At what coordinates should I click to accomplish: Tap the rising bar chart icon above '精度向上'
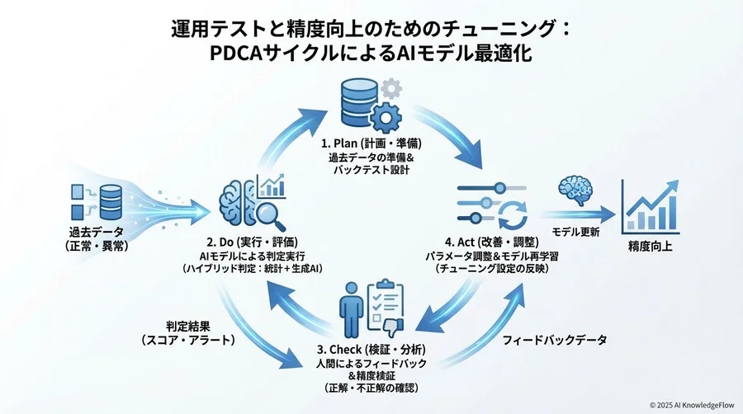[x=648, y=206]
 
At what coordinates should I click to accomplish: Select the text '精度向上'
[x=649, y=245]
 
